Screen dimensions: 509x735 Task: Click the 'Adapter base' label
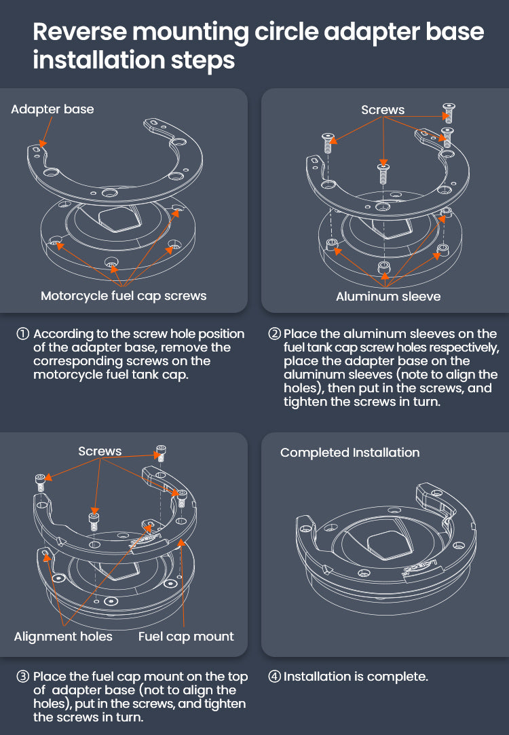click(x=52, y=109)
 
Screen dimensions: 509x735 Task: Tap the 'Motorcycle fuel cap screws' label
click(x=124, y=296)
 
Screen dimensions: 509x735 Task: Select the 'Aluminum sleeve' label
click(x=388, y=297)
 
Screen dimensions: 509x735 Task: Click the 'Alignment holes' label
click(x=63, y=636)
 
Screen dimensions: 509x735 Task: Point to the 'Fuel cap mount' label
click(x=186, y=636)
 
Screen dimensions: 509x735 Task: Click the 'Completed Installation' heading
click(x=350, y=453)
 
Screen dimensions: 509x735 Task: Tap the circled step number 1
click(x=23, y=334)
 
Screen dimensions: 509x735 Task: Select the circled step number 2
click(x=274, y=334)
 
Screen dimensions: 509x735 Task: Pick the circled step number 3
click(x=23, y=677)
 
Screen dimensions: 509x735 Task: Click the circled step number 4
click(x=274, y=677)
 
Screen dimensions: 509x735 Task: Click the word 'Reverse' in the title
click(x=80, y=32)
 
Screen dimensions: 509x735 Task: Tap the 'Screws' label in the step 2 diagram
click(x=383, y=110)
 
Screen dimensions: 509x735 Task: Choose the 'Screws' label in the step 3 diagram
click(x=100, y=451)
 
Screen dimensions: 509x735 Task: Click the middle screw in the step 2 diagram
click(x=383, y=172)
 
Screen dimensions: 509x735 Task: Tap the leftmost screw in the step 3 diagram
click(x=41, y=482)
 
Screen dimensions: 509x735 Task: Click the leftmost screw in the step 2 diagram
click(x=328, y=143)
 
